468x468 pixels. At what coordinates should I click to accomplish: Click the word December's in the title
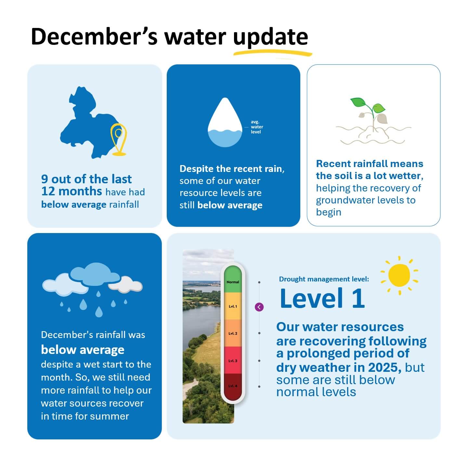click(94, 36)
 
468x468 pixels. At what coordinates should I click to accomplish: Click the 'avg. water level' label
click(256, 127)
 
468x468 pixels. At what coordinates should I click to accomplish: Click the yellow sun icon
click(399, 275)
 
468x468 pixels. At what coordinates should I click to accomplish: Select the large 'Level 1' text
click(322, 298)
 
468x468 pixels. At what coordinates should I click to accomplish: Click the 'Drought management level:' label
click(324, 279)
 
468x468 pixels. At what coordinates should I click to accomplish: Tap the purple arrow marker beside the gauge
click(259, 307)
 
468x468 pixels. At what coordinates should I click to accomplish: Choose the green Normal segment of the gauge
click(233, 279)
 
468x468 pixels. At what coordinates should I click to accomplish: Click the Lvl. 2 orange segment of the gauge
click(233, 333)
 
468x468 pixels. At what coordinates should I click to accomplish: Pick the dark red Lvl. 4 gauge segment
click(233, 386)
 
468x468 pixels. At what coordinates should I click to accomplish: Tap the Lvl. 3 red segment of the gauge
click(233, 360)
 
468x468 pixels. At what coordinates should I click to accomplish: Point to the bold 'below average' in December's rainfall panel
click(83, 350)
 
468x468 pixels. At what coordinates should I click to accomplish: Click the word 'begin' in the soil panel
click(328, 212)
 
